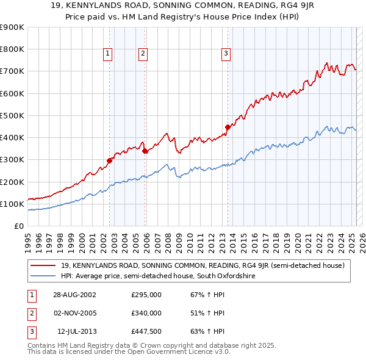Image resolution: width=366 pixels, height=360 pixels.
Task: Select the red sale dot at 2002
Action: point(110,160)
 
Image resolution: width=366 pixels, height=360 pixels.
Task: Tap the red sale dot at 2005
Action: point(145,151)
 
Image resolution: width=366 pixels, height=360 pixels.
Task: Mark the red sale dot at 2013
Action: point(228,127)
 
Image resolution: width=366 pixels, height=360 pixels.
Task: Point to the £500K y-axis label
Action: point(12,115)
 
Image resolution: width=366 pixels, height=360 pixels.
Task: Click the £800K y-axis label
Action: point(12,49)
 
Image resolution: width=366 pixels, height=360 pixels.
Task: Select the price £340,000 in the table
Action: point(146,313)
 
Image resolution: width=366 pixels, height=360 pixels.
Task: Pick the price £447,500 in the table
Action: point(146,331)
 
